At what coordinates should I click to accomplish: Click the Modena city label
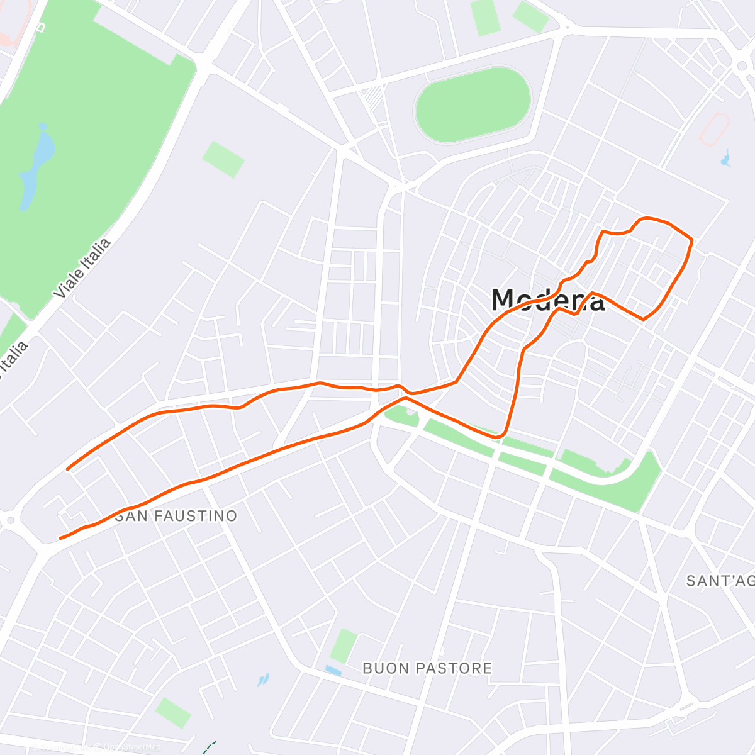(547, 300)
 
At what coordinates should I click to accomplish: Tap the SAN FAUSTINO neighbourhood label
(177, 516)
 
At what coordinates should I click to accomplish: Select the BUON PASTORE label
(427, 668)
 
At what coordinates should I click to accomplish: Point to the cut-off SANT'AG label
(720, 581)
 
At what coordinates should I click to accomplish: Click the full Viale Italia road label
(82, 268)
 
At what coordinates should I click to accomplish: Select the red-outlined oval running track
(715, 128)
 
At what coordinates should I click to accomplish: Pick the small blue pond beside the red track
(726, 158)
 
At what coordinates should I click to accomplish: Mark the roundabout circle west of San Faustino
(9, 520)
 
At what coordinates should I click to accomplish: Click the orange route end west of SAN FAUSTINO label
(60, 538)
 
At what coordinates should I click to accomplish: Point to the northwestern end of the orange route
(68, 468)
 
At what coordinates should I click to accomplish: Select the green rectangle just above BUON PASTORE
(344, 646)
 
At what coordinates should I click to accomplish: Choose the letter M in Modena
(508, 300)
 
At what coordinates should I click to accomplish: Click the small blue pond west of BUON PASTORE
(262, 679)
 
